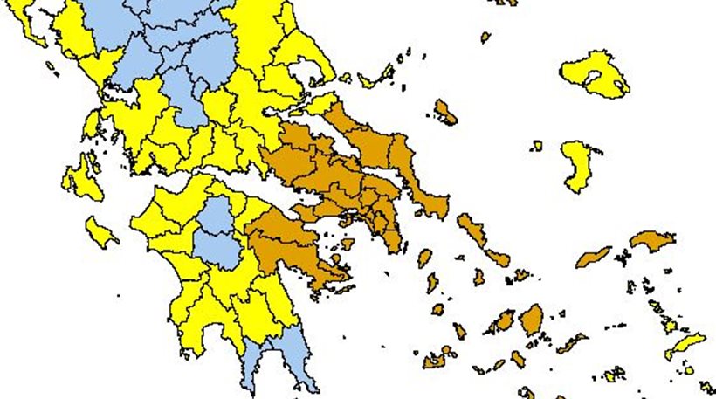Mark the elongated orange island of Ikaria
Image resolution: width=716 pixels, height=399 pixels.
[593, 257]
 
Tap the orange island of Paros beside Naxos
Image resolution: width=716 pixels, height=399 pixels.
[502, 324]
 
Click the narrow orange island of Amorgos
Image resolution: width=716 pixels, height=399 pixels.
[572, 344]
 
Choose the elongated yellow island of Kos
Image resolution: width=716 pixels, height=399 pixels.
[685, 344]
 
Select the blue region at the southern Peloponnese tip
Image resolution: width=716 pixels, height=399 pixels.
[279, 354]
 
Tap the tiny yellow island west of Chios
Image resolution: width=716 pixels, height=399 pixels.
[536, 146]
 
